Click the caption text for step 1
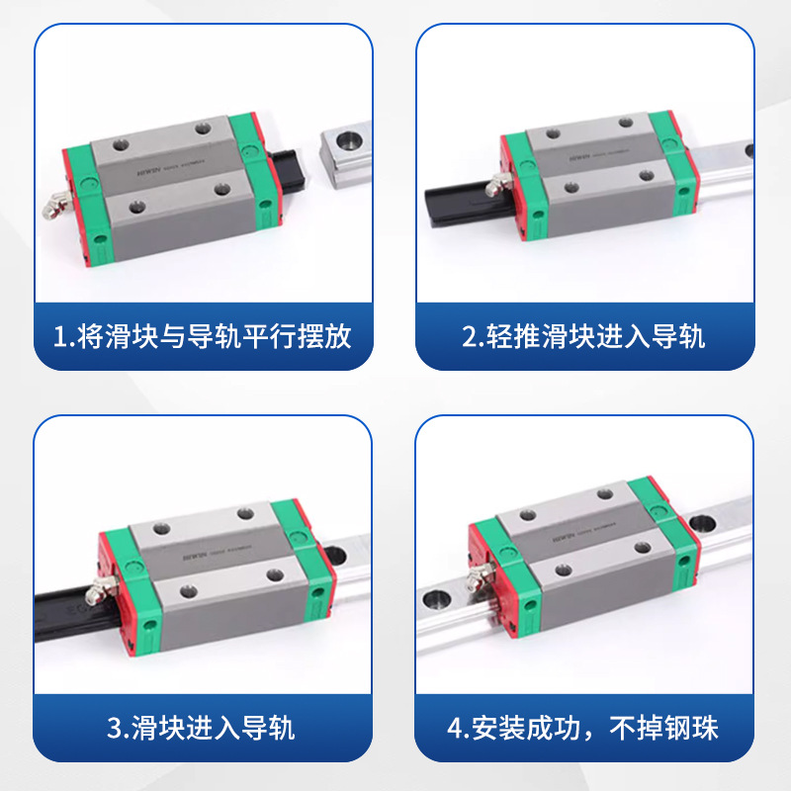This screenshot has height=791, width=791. click(x=203, y=336)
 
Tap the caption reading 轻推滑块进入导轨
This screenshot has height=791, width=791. click(x=583, y=336)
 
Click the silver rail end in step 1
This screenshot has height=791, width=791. click(x=341, y=156)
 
